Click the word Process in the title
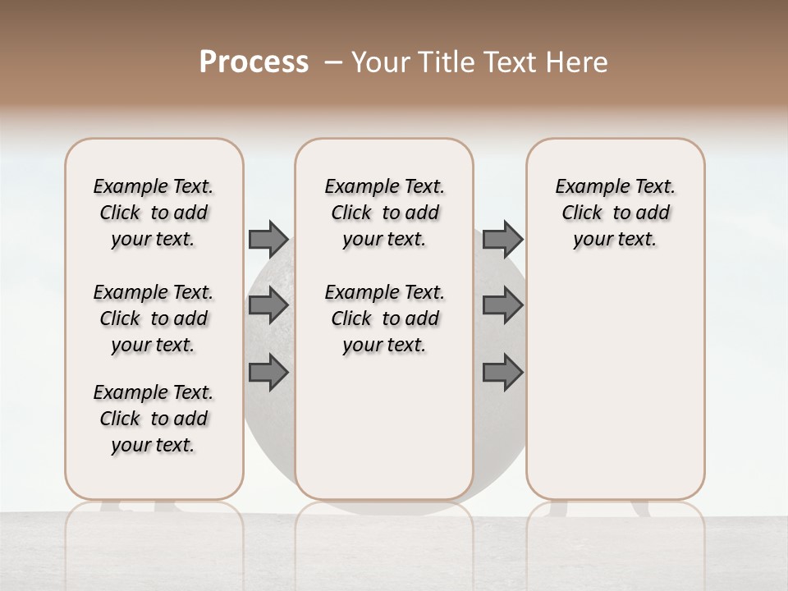coord(254,62)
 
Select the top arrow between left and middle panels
coord(268,239)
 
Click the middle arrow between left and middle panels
coord(268,305)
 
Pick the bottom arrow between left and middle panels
coord(268,373)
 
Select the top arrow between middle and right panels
coord(502,239)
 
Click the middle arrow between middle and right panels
coord(502,305)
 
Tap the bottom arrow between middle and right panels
coord(502,373)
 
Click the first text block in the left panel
coord(153,213)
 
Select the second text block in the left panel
coord(153,318)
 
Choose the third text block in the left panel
coord(153,419)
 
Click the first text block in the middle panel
coord(384,213)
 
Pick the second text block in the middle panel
coord(384,318)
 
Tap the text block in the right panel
coord(615,213)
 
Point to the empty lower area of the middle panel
coord(384,427)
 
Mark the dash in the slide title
coord(333,62)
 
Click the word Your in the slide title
coord(381,62)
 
